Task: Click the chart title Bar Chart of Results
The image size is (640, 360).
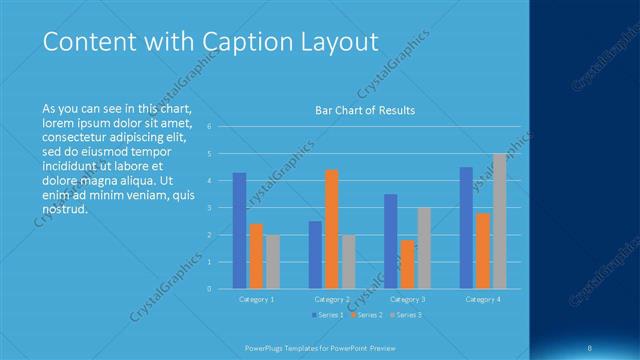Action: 364,110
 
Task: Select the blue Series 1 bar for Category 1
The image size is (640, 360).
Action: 239,230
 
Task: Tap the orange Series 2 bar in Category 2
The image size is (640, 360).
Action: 332,229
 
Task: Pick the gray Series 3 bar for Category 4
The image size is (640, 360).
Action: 499,221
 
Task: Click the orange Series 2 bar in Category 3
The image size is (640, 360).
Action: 407,264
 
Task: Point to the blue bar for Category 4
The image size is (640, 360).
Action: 466,227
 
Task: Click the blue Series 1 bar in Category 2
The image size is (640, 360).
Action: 315,254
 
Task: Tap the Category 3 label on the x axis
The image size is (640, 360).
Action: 407,299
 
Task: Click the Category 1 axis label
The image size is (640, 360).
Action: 256,299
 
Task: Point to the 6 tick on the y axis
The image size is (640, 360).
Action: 208,127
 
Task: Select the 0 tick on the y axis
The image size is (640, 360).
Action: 208,289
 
